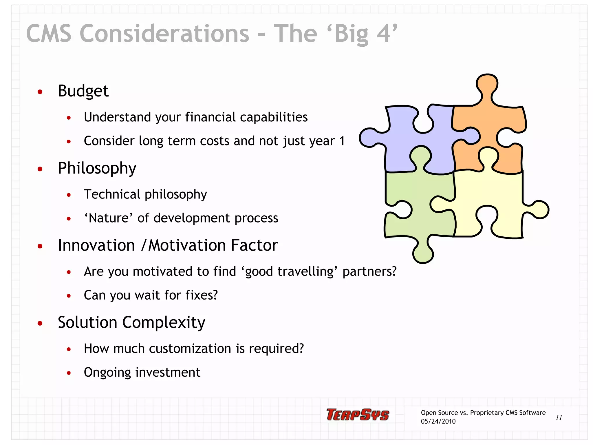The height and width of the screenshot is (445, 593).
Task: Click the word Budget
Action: pyautogui.click(x=83, y=91)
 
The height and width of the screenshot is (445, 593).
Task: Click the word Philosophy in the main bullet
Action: pyautogui.click(x=97, y=168)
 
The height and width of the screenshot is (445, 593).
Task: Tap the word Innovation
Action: pyautogui.click(x=96, y=245)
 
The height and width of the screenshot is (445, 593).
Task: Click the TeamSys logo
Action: pyautogui.click(x=358, y=415)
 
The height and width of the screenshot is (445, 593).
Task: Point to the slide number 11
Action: pyautogui.click(x=559, y=417)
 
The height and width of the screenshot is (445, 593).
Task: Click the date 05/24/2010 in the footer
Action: pyautogui.click(x=438, y=422)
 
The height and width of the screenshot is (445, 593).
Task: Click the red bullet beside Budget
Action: pyautogui.click(x=40, y=92)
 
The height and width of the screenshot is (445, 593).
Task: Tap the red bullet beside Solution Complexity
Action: pyautogui.click(x=40, y=323)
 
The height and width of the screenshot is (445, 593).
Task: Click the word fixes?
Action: pyautogui.click(x=202, y=295)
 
